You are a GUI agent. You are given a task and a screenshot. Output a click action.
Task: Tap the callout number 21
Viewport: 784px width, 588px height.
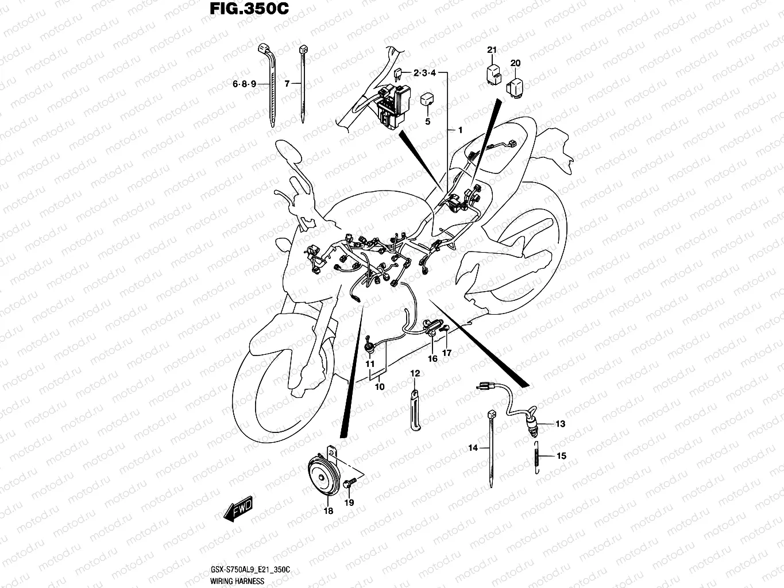tap(492, 50)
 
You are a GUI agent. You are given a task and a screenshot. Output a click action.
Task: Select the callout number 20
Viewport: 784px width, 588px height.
tap(515, 63)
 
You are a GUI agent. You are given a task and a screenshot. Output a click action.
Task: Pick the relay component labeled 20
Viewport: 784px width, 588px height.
tap(514, 86)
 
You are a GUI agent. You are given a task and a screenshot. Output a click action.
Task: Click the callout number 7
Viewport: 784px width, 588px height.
tap(287, 84)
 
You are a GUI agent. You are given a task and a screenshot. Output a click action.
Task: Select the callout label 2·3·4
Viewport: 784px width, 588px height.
tap(425, 73)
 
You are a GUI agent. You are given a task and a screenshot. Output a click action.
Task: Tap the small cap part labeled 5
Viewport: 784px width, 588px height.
tap(427, 99)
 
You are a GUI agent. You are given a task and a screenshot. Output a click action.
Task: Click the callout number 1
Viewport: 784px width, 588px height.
tap(459, 130)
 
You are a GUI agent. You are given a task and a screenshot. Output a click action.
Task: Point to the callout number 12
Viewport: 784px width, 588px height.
tap(415, 374)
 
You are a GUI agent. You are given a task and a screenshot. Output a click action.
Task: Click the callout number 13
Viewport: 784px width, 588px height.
tap(560, 424)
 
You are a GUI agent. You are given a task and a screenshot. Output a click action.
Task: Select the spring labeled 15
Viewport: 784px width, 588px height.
tap(536, 456)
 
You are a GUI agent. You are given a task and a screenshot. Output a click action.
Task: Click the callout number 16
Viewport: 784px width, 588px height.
tap(432, 358)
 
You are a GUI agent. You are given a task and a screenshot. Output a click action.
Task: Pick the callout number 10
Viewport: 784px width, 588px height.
tap(379, 387)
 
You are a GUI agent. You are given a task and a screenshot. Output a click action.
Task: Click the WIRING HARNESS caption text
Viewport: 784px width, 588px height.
tap(234, 582)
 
